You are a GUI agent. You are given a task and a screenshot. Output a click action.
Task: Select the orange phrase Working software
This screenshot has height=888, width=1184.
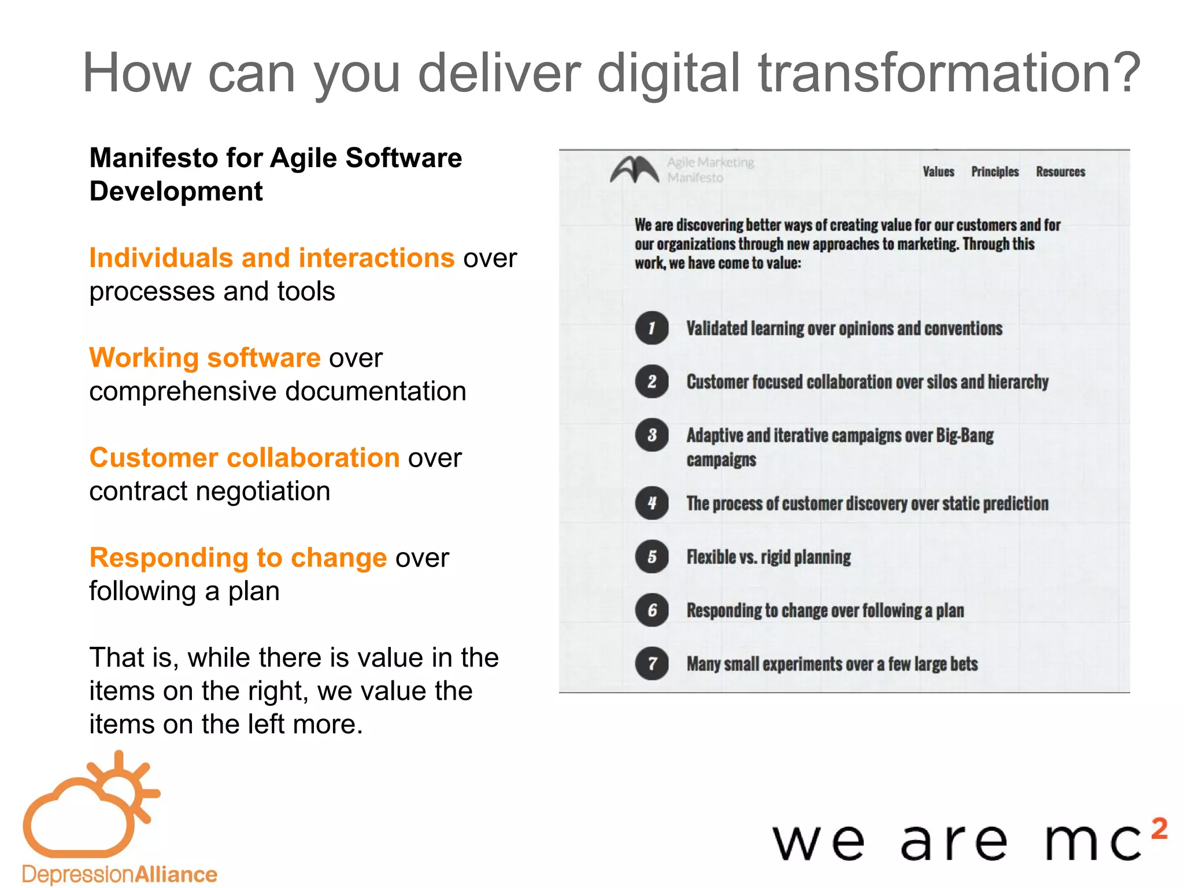click(x=205, y=358)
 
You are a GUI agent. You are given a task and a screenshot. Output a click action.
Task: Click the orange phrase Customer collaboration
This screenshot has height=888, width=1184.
click(x=245, y=458)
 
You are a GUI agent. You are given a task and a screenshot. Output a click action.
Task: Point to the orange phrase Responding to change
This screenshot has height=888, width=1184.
click(x=238, y=558)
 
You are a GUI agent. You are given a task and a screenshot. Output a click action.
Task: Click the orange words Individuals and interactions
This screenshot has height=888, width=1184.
click(x=272, y=258)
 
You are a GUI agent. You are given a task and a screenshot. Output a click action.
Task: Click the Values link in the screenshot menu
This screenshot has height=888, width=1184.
click(x=938, y=172)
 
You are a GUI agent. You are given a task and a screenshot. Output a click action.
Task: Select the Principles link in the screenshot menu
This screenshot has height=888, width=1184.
click(x=994, y=172)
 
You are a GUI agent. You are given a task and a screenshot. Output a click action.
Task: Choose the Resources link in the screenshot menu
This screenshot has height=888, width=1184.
click(x=1060, y=172)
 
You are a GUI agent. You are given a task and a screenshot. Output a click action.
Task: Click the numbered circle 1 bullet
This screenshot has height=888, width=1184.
click(x=652, y=328)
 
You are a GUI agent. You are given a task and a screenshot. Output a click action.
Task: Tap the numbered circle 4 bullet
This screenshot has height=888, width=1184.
click(x=652, y=503)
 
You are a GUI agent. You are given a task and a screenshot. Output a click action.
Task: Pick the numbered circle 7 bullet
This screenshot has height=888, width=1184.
click(x=652, y=663)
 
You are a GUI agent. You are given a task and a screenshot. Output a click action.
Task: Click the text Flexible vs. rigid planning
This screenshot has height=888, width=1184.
click(x=768, y=557)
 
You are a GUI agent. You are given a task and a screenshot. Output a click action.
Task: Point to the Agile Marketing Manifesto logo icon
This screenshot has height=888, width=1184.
click(x=634, y=170)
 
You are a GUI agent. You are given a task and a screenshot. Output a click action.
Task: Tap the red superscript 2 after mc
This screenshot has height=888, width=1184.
click(x=1159, y=828)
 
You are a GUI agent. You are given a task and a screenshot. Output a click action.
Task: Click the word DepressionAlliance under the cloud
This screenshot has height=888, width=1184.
click(x=120, y=874)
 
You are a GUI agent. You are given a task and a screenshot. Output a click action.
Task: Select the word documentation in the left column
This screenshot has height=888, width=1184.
click(x=376, y=391)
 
